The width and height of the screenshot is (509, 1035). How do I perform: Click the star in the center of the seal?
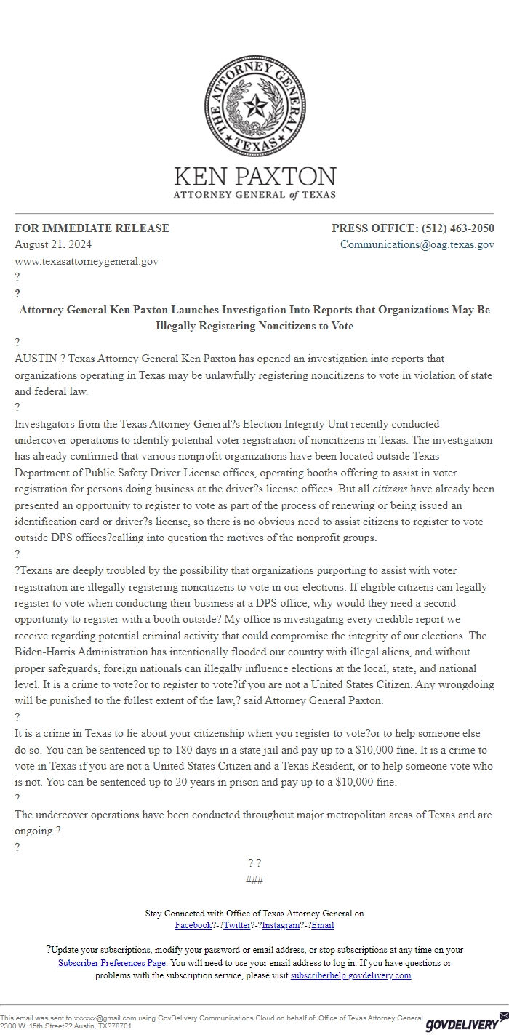tap(254, 107)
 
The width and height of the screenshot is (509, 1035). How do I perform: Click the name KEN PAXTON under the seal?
tap(254, 177)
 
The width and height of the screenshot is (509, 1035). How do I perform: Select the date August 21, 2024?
tap(53, 244)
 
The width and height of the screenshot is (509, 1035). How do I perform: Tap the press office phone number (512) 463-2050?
tap(458, 228)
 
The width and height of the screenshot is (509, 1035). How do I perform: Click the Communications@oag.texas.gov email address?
tap(417, 244)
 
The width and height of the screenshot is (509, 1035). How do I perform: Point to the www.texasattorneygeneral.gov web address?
tap(87, 260)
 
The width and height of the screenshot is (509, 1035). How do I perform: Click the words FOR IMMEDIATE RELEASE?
tap(92, 228)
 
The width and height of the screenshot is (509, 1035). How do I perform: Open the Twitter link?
tap(237, 925)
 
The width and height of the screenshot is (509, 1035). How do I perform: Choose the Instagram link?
tap(281, 925)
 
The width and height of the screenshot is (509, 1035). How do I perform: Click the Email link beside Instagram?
tap(323, 925)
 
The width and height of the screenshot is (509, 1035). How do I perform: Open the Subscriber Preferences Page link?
tap(112, 962)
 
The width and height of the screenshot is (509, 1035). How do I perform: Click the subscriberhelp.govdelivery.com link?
tap(351, 975)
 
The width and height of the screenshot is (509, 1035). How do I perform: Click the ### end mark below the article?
tap(254, 880)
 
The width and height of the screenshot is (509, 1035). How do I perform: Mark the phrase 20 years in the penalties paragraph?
tap(242, 782)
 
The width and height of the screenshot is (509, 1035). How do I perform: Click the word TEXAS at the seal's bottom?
tap(254, 145)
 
